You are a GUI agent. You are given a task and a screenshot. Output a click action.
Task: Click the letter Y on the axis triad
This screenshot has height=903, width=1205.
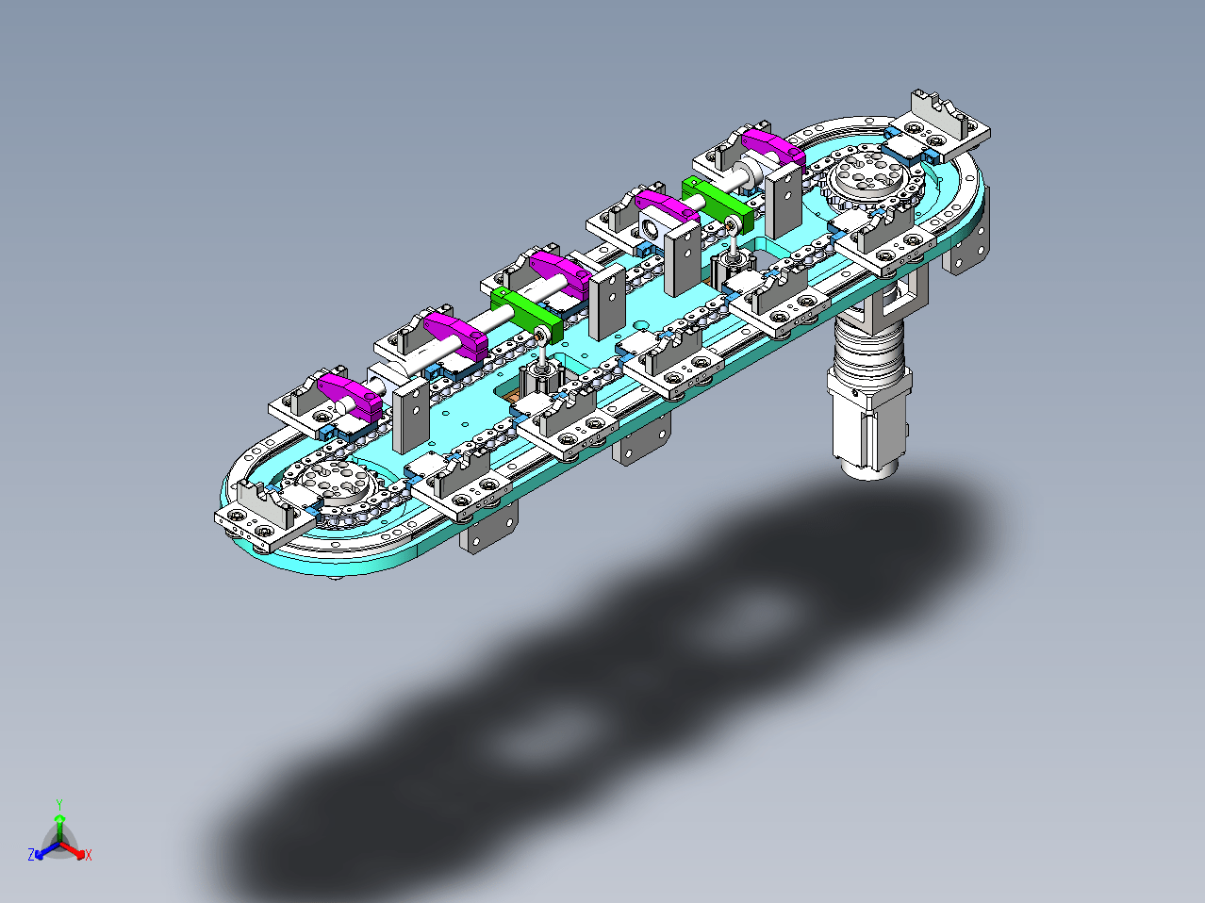(x=59, y=804)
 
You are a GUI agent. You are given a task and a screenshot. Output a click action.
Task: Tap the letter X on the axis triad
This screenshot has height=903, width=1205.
(x=89, y=855)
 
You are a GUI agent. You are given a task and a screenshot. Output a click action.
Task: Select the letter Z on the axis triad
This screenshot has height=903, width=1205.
(x=31, y=854)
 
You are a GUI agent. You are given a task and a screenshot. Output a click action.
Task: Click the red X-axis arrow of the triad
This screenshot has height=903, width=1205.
(x=74, y=850)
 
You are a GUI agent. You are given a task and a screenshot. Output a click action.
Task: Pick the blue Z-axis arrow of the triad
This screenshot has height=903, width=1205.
(x=46, y=850)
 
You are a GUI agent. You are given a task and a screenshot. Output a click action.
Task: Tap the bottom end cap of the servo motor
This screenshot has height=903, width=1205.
(x=870, y=470)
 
